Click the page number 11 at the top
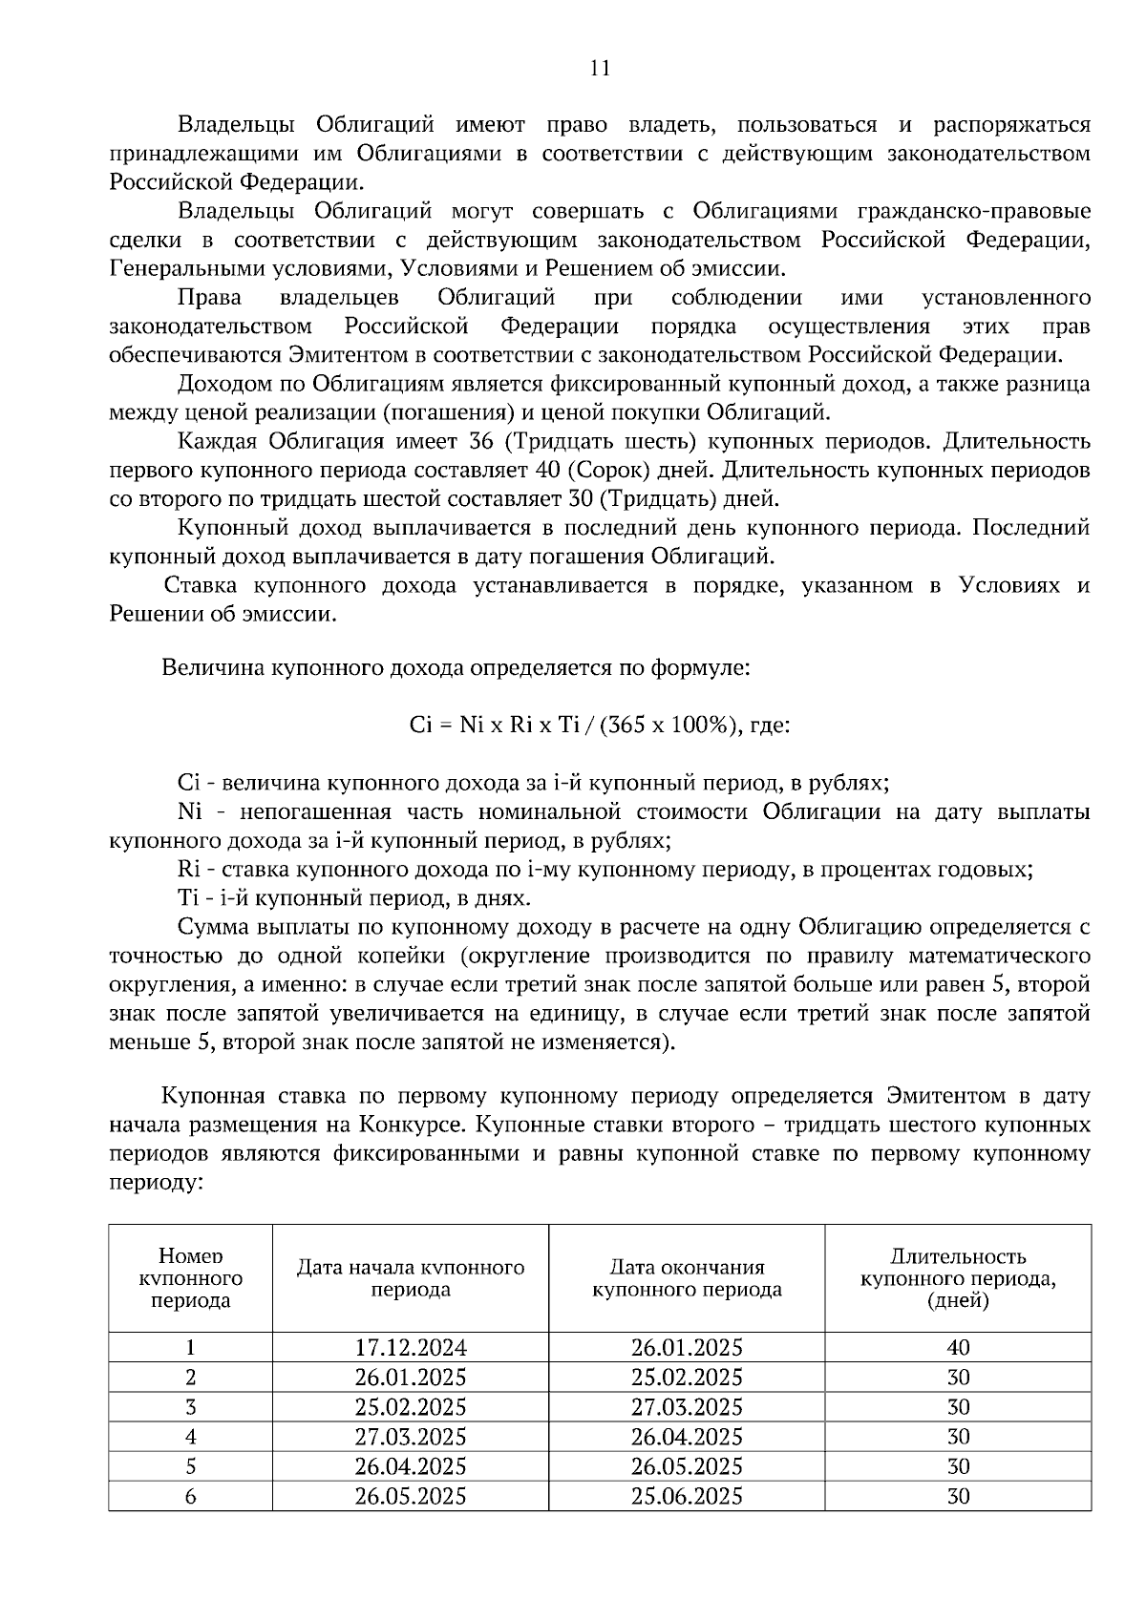(600, 69)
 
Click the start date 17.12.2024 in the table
(411, 1348)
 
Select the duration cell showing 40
(958, 1348)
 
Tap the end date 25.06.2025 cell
(687, 1496)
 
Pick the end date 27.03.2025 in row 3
(687, 1407)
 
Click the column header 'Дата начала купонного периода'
(411, 1278)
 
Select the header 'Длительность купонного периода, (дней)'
(958, 1278)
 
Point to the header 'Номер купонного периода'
(191, 1278)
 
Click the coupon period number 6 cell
(191, 1496)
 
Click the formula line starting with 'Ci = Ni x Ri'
(599, 725)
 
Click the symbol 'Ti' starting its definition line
(186, 898)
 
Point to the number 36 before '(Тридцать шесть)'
(481, 441)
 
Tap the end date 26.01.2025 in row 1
(687, 1348)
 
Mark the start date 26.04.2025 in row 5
(411, 1466)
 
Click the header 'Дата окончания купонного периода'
(687, 1278)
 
